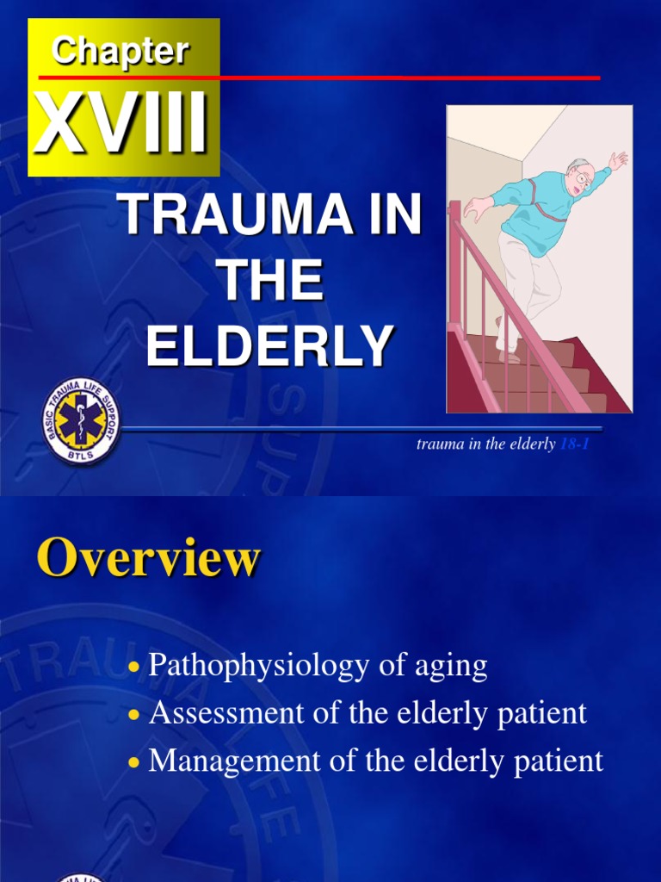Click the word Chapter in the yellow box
tap(120, 51)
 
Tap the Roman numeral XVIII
tap(121, 126)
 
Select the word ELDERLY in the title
tap(270, 346)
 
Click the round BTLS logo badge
tap(82, 421)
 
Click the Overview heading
tap(147, 559)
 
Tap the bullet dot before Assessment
tap(133, 716)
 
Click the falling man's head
tap(579, 176)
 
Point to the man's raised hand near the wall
tap(618, 160)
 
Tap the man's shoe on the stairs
tap(509, 356)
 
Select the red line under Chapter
tap(344, 78)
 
